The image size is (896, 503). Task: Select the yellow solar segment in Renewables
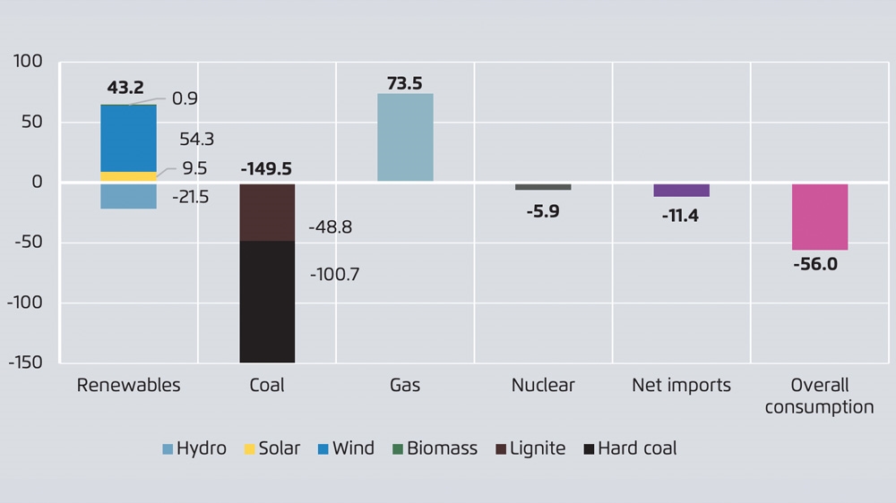click(x=128, y=176)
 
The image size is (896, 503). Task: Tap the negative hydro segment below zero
click(x=128, y=196)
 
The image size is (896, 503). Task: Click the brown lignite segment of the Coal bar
click(x=267, y=212)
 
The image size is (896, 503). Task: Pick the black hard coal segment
click(x=267, y=302)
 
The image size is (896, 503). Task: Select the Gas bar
click(x=405, y=138)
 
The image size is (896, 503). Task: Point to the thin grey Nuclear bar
click(x=543, y=187)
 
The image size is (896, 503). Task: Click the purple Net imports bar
click(x=681, y=190)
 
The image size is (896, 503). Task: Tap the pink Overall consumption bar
click(x=820, y=217)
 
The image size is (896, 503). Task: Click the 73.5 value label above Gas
click(x=405, y=83)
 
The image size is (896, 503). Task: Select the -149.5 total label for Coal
click(x=266, y=169)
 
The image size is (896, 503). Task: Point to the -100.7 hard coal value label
click(x=334, y=275)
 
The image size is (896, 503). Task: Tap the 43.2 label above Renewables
click(x=125, y=88)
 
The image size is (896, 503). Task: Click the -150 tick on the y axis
click(x=26, y=362)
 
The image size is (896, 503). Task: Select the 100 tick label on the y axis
click(x=29, y=62)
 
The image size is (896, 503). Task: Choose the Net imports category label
click(x=681, y=386)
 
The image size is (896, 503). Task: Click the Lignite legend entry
click(x=530, y=448)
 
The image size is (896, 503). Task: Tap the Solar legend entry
click(x=272, y=448)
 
